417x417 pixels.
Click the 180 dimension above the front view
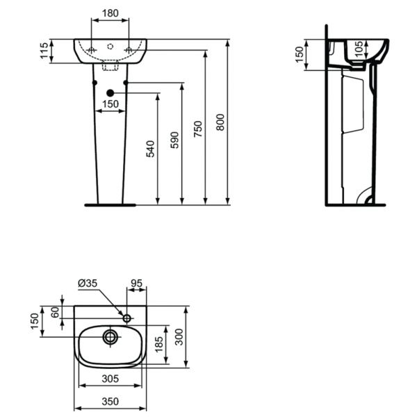coord(110,13)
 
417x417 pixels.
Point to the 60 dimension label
coord(54,312)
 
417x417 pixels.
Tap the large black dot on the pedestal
coord(110,93)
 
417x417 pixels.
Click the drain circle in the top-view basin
coord(110,338)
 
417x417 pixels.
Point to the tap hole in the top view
coord(126,318)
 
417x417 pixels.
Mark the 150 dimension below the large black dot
coord(110,105)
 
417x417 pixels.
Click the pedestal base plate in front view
coord(109,205)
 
